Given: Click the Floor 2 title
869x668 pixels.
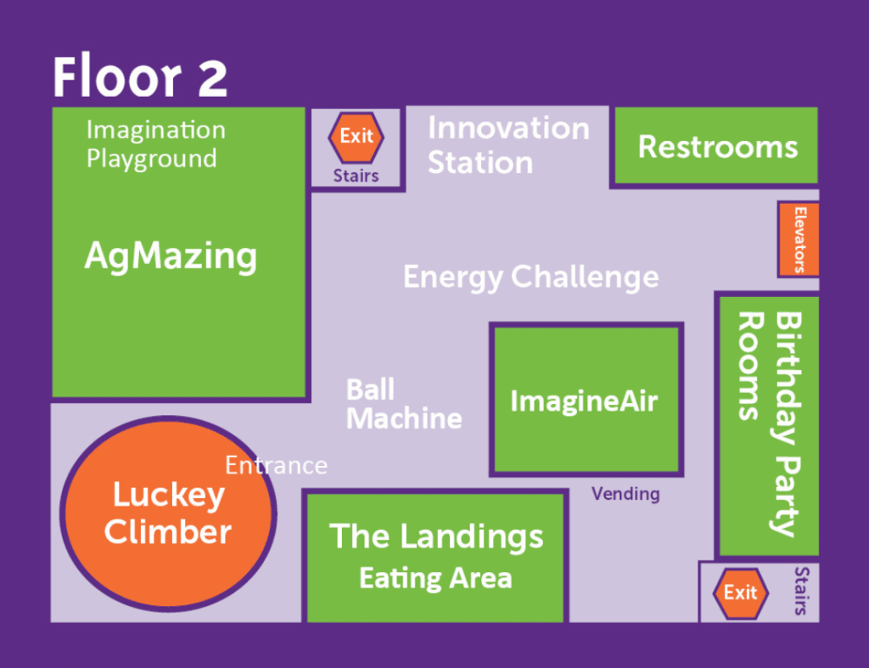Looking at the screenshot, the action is point(140,76).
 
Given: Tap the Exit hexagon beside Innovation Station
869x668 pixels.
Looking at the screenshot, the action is point(356,137).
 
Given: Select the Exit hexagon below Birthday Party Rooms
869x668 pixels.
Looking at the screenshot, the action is point(740,593).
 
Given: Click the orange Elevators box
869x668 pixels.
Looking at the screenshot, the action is point(799,239).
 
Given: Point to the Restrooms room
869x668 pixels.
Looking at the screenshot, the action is point(716,145).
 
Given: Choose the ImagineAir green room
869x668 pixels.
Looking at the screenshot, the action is point(586,400).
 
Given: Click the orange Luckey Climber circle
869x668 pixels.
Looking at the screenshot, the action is point(169,514).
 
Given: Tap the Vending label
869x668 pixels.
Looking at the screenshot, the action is point(625,493).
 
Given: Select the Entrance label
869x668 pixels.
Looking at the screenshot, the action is point(276,465).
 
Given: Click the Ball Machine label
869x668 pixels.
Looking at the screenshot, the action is point(404,403).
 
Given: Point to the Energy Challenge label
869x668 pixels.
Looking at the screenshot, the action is point(531,277).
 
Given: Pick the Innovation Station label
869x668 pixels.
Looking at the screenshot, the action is point(508,145).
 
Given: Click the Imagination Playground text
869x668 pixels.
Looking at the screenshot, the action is point(156,144).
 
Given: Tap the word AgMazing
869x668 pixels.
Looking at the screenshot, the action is point(171,256).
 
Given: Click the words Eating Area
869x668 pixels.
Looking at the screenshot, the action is point(435,578).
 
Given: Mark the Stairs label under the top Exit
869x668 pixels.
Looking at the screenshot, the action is point(356,176).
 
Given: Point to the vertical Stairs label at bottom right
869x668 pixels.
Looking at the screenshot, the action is point(801,591).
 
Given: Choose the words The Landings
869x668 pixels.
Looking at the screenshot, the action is point(436,536).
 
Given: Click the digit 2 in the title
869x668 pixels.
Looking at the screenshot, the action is point(212,77).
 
